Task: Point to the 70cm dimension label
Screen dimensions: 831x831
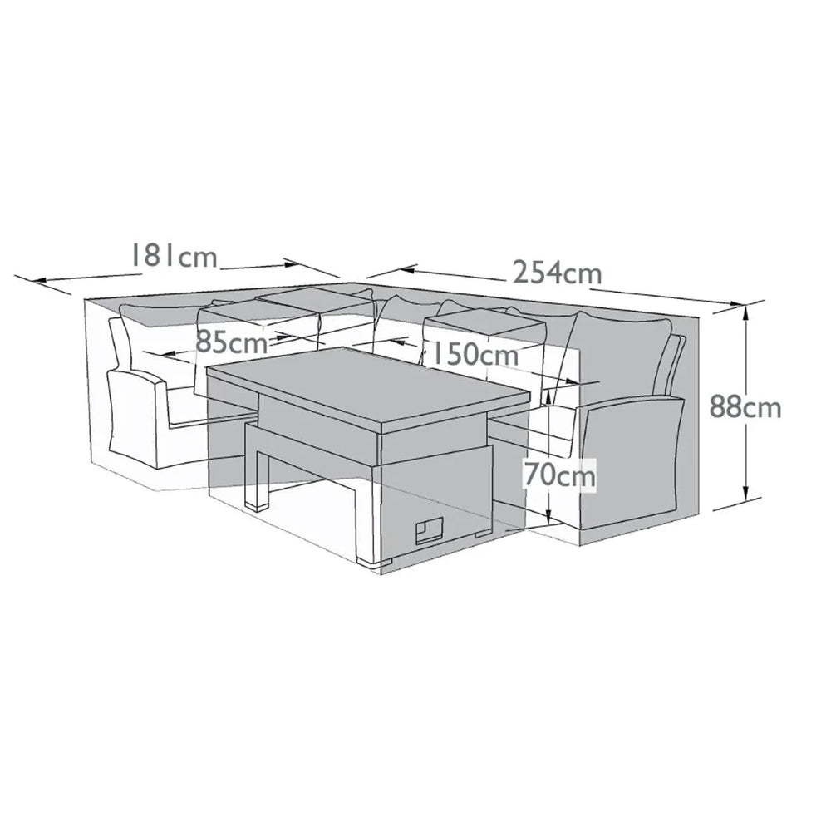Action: [559, 476]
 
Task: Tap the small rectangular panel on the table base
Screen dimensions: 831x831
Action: [430, 529]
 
